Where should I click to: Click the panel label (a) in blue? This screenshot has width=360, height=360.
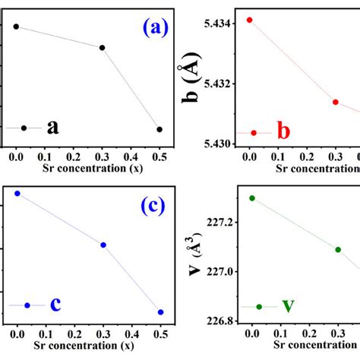(156, 28)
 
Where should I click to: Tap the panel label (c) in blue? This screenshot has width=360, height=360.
(154, 205)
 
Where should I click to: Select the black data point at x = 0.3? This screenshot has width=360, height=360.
(102, 48)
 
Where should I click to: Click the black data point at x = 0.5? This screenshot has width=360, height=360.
(159, 129)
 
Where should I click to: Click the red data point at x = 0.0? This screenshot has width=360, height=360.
(249, 20)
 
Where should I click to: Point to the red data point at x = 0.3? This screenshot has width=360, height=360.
(335, 102)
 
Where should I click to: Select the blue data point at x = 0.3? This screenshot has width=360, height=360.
(103, 245)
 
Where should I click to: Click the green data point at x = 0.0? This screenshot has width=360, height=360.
(252, 198)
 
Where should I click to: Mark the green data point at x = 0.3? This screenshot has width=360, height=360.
(338, 249)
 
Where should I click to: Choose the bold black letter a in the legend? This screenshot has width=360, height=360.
(52, 127)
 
